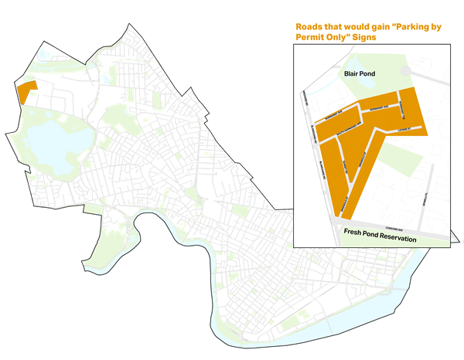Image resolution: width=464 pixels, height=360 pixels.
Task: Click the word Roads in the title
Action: pyautogui.click(x=312, y=27)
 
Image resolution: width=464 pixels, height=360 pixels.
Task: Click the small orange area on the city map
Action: pyautogui.click(x=26, y=90)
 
